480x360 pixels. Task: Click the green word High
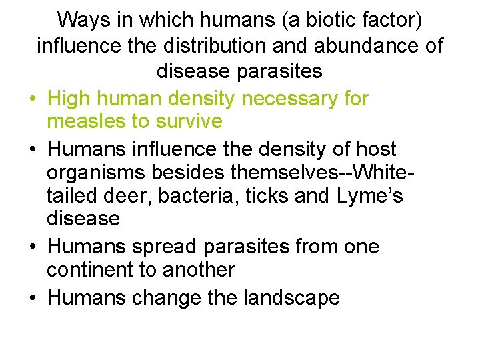[71, 99]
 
